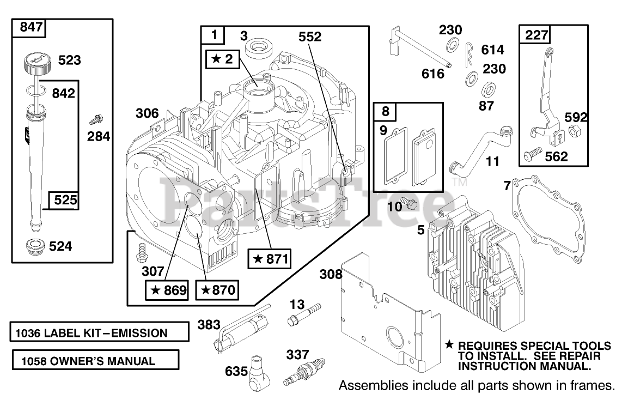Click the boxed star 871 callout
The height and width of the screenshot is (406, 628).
pyautogui.click(x=269, y=259)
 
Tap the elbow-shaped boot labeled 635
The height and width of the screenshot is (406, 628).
pyautogui.click(x=260, y=377)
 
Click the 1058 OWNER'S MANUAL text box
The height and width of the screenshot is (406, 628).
pyautogui.click(x=95, y=360)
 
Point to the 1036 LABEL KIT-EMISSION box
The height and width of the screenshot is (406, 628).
pyautogui.click(x=95, y=332)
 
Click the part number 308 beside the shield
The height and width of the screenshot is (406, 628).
pyautogui.click(x=331, y=274)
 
